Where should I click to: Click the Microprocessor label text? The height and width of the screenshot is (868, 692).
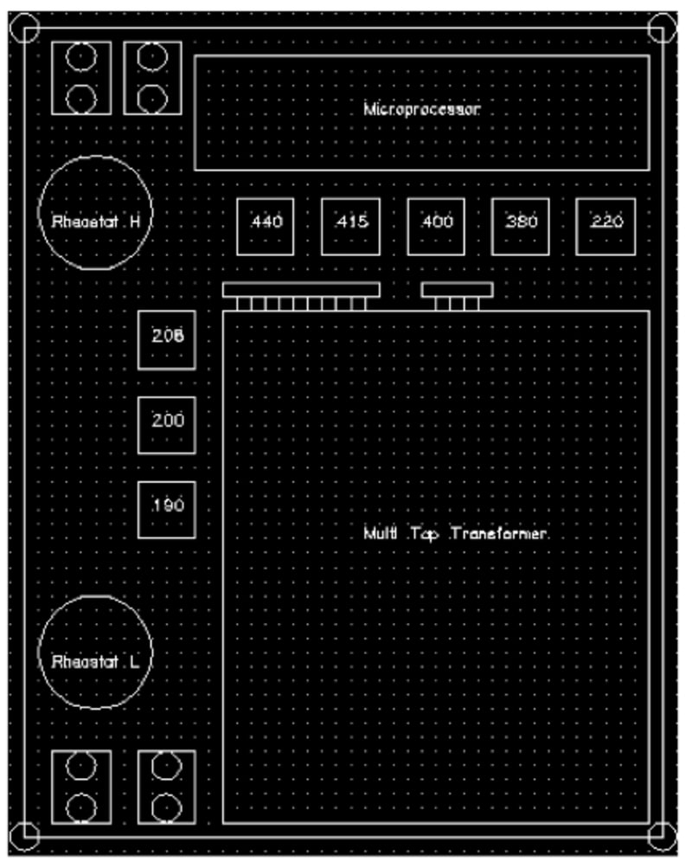[x=421, y=110]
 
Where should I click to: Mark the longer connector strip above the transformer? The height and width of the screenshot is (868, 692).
[x=300, y=290]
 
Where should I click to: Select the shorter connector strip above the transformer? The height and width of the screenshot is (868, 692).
[x=457, y=290]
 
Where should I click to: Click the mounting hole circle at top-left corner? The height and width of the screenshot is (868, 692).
[x=24, y=27]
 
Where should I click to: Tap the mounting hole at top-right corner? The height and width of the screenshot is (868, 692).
[x=662, y=27]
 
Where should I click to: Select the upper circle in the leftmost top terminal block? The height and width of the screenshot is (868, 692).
[x=80, y=58]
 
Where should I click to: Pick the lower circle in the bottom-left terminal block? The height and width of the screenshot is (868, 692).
[x=80, y=807]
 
